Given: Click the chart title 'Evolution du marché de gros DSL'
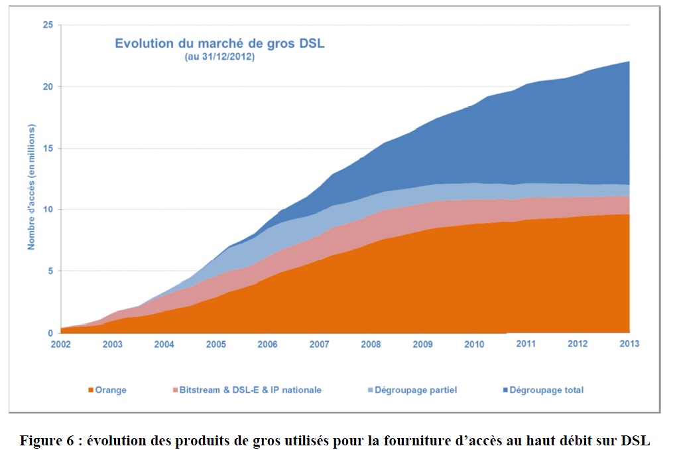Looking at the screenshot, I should point(219,44).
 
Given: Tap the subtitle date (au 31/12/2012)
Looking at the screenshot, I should point(219,58).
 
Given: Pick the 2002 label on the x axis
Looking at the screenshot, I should point(61,344).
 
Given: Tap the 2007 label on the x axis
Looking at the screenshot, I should point(319,344).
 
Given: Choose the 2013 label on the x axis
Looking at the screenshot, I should point(629,344).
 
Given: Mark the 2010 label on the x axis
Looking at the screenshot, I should point(473,344).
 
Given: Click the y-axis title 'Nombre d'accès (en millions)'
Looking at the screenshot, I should point(31,187).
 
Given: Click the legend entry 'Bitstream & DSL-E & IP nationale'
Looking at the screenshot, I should point(250,390).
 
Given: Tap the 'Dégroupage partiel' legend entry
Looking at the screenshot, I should point(415,390).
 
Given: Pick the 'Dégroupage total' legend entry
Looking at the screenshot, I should point(546,390).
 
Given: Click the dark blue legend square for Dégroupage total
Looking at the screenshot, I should point(505,390).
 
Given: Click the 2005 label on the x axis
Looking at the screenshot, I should point(216,344).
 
